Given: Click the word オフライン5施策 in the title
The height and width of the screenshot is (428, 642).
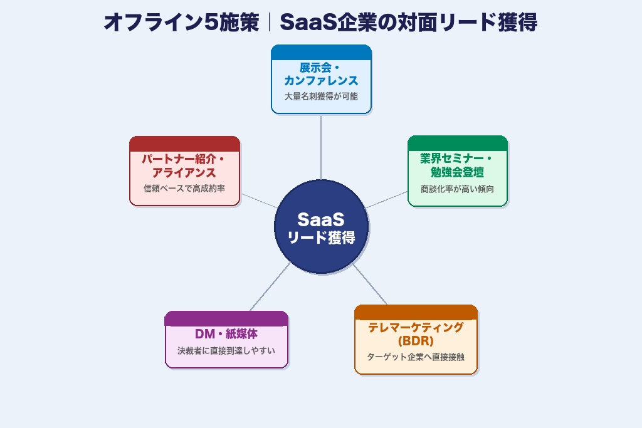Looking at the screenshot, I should (181, 23).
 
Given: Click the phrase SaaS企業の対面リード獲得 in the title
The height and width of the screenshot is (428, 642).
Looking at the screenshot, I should (409, 23).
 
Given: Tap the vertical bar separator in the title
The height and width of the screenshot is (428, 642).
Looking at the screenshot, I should (269, 23).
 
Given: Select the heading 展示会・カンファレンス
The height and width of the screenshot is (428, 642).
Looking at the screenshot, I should (321, 74).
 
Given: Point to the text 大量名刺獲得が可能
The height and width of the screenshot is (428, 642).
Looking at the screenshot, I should (321, 97).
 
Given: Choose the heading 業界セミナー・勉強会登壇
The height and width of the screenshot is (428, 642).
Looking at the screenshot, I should (457, 165).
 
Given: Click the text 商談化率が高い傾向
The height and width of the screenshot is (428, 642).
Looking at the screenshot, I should (457, 189).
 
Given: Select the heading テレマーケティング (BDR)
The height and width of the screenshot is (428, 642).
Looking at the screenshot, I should (416, 334).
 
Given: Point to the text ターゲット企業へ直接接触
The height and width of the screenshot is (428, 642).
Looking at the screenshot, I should (416, 357).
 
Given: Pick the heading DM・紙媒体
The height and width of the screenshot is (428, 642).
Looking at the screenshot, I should (226, 334).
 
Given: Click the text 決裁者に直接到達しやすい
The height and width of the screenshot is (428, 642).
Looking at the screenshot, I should (226, 351).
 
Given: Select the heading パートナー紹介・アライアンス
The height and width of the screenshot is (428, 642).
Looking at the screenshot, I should (184, 165).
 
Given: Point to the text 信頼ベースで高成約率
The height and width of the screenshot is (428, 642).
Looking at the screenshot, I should (184, 188).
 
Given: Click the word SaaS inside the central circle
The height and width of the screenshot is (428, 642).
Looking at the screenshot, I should (321, 219).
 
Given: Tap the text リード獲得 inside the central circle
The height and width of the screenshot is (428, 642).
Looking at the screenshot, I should (321, 238).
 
